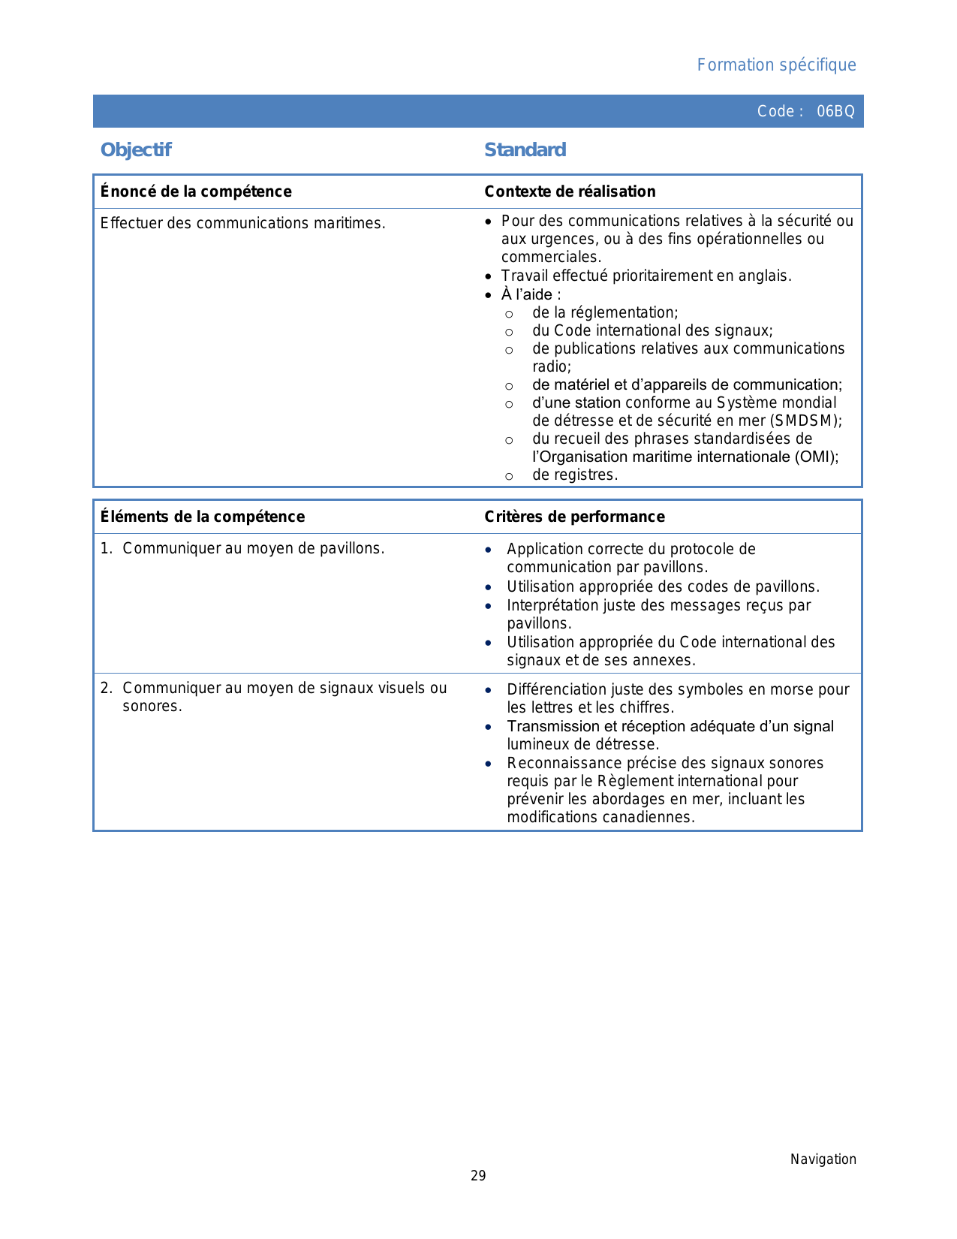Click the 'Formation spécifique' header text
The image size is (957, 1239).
point(776,65)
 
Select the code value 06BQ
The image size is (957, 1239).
point(835,112)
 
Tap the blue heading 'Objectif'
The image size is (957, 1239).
point(136,150)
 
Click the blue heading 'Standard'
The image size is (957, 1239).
point(525,150)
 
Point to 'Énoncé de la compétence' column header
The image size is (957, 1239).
point(196,191)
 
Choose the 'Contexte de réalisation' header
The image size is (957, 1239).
point(570,191)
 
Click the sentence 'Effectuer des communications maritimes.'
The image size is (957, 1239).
point(242,223)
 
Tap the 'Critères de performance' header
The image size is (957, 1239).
point(574,517)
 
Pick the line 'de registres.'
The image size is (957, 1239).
point(575,475)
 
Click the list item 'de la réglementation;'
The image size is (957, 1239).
point(605,313)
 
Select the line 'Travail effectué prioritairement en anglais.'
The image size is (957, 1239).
point(646,276)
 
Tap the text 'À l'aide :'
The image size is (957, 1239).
point(531,295)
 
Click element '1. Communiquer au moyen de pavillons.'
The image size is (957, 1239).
point(242,549)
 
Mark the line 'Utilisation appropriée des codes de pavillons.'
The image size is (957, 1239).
point(663,587)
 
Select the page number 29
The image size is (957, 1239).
point(478,1176)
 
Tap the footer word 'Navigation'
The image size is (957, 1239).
point(823,1159)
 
